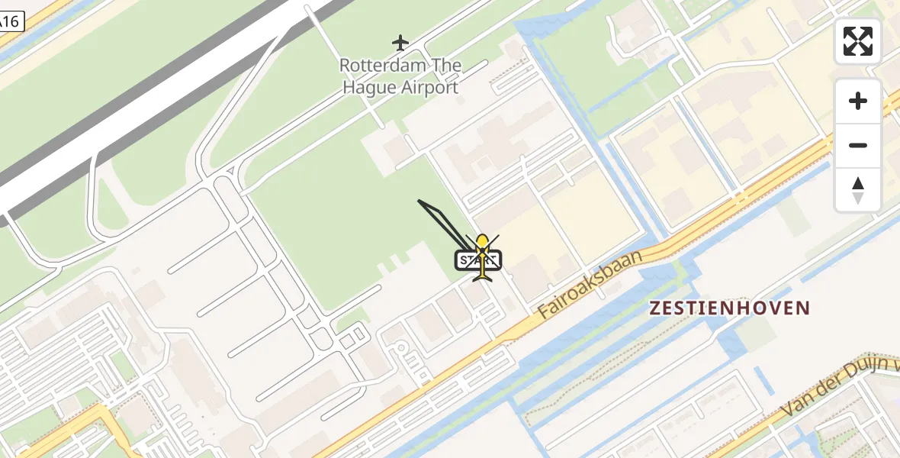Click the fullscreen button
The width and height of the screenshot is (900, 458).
858,41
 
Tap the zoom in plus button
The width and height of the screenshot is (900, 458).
858,101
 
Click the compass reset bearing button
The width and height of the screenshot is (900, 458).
858,190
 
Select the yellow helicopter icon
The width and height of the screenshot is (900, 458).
482,258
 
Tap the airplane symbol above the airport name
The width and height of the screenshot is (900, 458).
400,41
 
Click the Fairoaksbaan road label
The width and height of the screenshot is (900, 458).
590,283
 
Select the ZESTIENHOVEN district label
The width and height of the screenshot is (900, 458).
728,308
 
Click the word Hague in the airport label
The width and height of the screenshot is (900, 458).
370,87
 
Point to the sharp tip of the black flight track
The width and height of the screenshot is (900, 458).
419,201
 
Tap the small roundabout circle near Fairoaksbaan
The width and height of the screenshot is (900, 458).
400,349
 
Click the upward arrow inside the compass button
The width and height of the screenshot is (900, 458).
858,183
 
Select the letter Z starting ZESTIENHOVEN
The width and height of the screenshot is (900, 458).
655,308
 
